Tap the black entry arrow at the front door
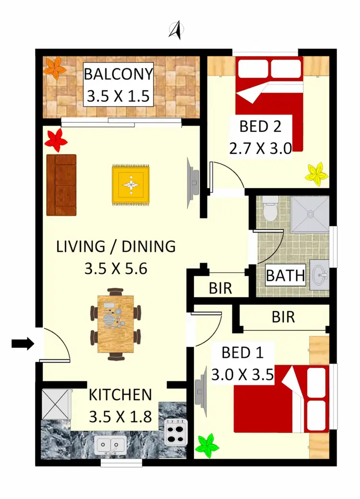click(22, 343)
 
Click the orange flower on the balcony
click(54, 68)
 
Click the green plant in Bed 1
click(207, 445)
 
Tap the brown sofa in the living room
click(61, 185)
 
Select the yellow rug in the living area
click(131, 184)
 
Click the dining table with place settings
click(115, 325)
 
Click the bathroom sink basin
click(319, 276)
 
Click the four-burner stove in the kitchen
click(175, 431)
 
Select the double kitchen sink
click(111, 445)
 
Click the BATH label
click(286, 276)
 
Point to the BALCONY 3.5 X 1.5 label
click(119, 85)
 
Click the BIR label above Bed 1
click(283, 317)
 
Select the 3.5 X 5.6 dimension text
click(115, 268)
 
